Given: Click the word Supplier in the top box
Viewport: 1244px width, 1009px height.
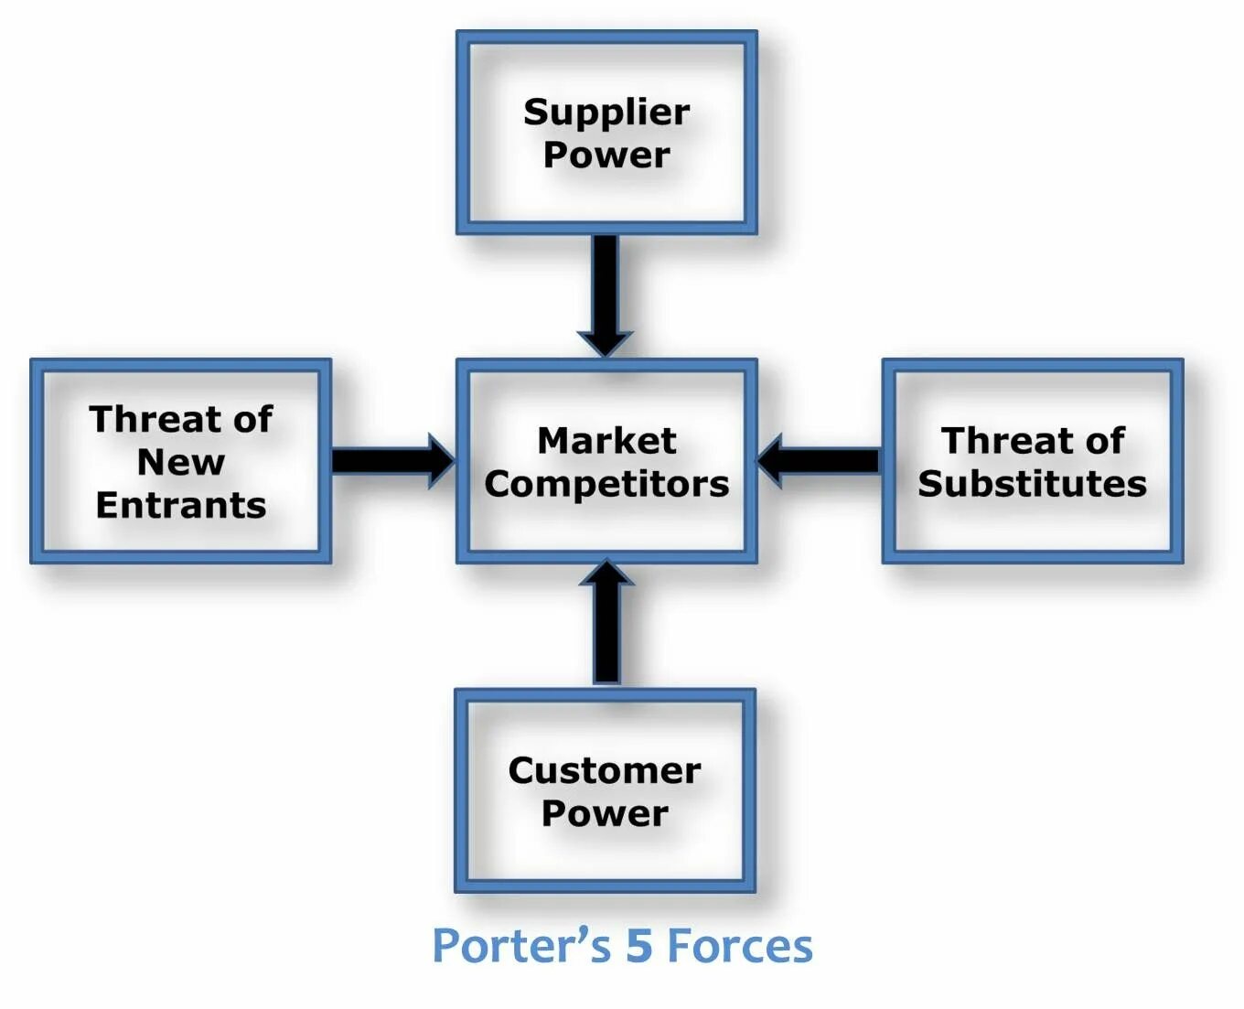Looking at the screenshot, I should [x=606, y=113].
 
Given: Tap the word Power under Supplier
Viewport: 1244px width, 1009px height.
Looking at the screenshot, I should [x=606, y=155].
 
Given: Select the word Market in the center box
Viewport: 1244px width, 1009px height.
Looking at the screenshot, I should [x=606, y=441].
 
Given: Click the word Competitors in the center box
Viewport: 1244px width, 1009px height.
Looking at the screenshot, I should [x=606, y=484].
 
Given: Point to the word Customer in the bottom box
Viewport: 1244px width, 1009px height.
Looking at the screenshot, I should [x=605, y=770].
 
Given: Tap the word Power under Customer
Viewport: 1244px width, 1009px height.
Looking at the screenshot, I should [x=605, y=813].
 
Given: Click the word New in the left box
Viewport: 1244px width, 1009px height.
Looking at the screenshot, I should [x=180, y=462].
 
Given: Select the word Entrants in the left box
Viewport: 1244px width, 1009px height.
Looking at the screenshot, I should [x=180, y=505].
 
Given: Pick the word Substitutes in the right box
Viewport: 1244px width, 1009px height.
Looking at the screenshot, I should [x=1032, y=484].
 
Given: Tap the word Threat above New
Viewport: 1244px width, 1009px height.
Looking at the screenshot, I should [x=155, y=420].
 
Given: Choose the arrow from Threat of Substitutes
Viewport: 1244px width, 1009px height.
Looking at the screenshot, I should [x=820, y=460].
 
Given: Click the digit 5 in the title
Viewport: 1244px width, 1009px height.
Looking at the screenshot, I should [x=638, y=946].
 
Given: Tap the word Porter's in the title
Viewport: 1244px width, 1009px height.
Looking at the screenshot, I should [x=520, y=946].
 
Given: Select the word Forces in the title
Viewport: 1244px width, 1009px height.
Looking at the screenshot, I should [x=739, y=946].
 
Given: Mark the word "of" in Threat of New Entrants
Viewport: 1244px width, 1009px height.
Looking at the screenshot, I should [x=252, y=420].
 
